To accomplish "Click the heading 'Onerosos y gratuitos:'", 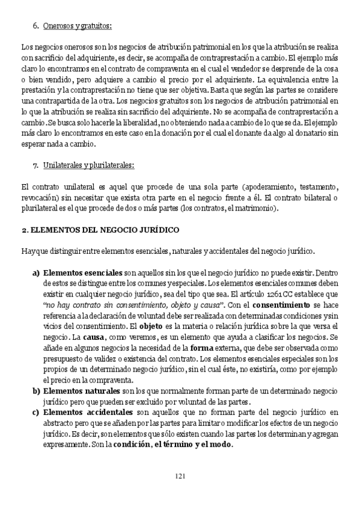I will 78,25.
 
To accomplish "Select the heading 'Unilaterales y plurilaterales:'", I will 88,164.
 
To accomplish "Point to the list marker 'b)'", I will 35,392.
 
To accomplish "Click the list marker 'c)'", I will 35,413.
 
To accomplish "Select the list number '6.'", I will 35,25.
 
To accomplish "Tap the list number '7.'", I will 35,164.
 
